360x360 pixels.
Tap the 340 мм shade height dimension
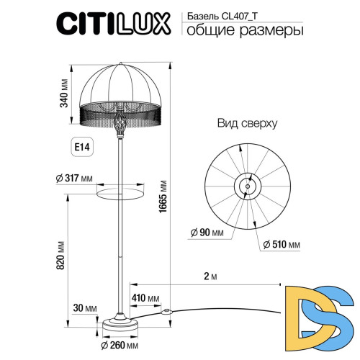64,93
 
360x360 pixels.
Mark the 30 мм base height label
85,308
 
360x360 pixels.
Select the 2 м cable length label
210,276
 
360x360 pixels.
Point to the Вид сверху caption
247,123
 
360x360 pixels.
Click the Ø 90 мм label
207,232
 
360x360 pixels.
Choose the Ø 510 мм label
282,246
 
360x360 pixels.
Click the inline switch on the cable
168,312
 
